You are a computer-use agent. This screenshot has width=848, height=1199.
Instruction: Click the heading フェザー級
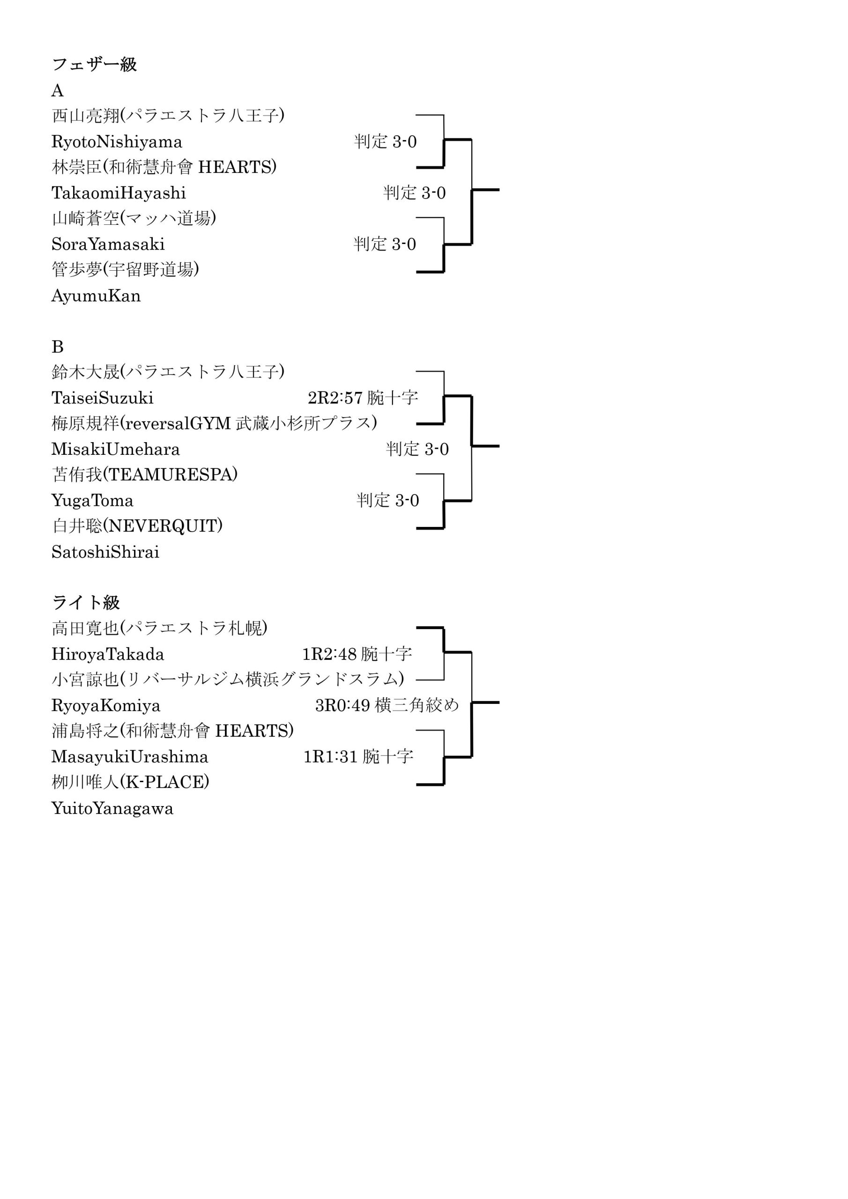(x=94, y=65)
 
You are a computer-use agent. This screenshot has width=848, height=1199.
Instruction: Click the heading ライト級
(x=86, y=603)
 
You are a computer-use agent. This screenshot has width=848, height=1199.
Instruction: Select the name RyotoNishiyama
(x=117, y=142)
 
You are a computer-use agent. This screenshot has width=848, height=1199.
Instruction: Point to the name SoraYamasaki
(x=108, y=244)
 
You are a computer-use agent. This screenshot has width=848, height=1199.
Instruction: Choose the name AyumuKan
(x=96, y=296)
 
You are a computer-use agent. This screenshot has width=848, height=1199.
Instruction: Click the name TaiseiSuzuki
(x=103, y=398)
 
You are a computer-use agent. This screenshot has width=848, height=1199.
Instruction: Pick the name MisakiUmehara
(x=115, y=449)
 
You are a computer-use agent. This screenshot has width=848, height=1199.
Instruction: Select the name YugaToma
(x=92, y=501)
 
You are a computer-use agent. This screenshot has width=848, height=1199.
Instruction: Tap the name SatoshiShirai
(x=105, y=552)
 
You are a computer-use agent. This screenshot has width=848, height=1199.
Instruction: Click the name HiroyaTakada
(x=108, y=654)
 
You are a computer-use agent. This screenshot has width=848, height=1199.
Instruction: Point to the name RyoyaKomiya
(x=106, y=706)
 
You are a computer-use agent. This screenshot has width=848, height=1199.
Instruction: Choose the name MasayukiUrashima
(x=130, y=757)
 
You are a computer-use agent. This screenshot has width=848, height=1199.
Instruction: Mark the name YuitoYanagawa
(x=112, y=809)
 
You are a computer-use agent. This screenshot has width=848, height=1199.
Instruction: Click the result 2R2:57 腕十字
(x=363, y=398)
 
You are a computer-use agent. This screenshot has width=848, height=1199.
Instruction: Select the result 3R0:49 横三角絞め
(x=387, y=705)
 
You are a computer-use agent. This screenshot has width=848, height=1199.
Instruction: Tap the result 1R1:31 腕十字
(x=358, y=757)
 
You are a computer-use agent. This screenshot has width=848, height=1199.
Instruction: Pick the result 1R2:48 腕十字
(x=357, y=654)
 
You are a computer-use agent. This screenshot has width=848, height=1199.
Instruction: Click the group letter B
(x=58, y=347)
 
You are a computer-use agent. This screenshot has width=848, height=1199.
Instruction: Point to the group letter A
(x=58, y=91)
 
